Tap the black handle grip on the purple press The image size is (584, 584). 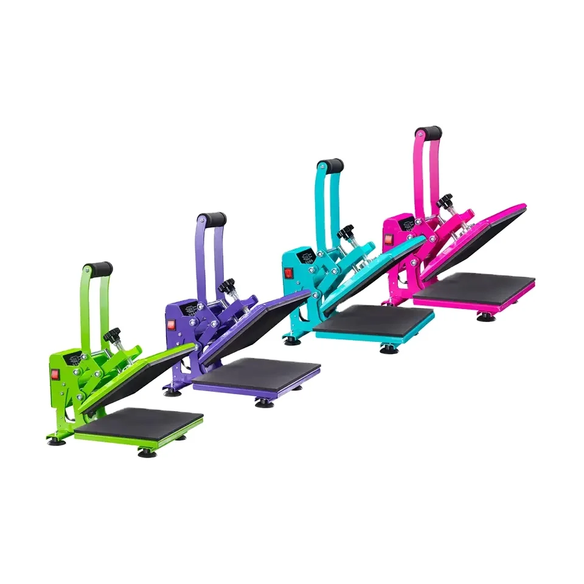213,218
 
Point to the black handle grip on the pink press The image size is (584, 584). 428,131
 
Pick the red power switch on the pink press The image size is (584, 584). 387,240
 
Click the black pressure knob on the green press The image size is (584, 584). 113,334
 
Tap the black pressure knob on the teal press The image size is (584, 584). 346,232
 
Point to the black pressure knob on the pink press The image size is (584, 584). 445,200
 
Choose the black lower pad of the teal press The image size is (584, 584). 372,319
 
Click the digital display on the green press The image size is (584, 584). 76,361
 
